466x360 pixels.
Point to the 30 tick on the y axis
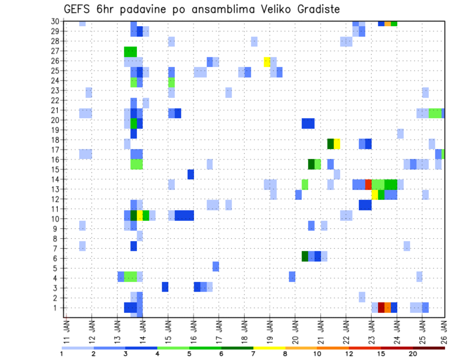pyautogui.click(x=56, y=21)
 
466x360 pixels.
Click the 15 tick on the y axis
pyautogui.click(x=56, y=169)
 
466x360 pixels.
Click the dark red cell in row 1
pyautogui.click(x=381, y=308)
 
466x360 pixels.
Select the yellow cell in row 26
pyautogui.click(x=267, y=61)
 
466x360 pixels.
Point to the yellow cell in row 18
pyautogui.click(x=337, y=144)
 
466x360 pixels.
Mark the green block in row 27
pyautogui.click(x=130, y=51)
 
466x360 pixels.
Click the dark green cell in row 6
pyautogui.click(x=305, y=256)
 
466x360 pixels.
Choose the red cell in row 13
pyautogui.click(x=368, y=184)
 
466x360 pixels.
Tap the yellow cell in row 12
pyautogui.click(x=375, y=195)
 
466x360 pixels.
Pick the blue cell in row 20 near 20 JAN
pyautogui.click(x=308, y=123)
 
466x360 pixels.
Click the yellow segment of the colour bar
pyautogui.click(x=269, y=347)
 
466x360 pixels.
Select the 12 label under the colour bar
pyautogui.click(x=349, y=354)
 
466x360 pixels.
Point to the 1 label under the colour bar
pyautogui.click(x=62, y=354)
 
